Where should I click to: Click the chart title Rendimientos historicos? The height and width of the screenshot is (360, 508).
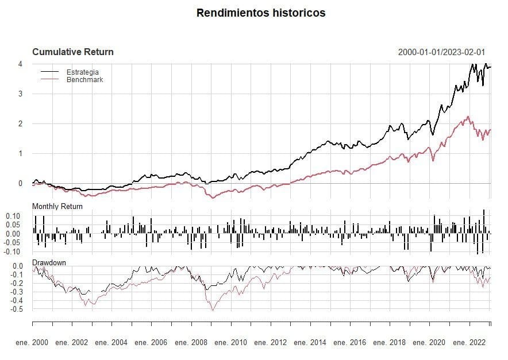tap(260, 13)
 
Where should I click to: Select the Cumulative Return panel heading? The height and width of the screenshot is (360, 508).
tap(73, 52)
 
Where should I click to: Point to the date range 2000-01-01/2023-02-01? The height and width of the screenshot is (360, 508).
tap(441, 52)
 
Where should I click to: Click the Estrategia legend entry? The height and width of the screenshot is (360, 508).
tap(83, 72)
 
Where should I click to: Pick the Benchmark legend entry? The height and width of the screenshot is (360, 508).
tap(85, 79)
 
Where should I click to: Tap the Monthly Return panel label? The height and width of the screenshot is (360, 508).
tap(57, 206)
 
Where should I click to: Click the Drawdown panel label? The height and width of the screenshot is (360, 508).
tap(49, 262)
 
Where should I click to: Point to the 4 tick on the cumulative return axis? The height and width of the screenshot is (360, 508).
tap(20, 64)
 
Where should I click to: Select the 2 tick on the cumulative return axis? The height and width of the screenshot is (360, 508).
tap(20, 123)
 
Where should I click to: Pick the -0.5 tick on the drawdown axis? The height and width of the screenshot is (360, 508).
tap(16, 309)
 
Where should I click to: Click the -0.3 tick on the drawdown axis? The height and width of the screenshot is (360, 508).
tap(16, 292)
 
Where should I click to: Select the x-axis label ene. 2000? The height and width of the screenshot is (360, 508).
tap(32, 343)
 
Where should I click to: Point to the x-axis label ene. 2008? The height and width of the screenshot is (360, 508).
tap(191, 343)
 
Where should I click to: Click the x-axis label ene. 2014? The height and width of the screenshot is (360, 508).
tap(310, 343)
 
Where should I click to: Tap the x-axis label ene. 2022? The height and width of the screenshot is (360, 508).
tap(469, 343)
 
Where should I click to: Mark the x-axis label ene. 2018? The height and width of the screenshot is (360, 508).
tap(390, 343)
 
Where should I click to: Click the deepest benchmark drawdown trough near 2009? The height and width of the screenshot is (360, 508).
tap(213, 311)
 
